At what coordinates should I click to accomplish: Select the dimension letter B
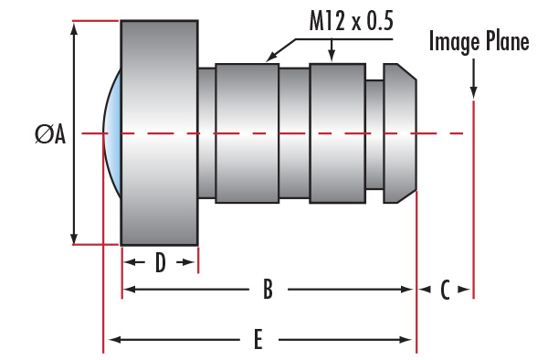[268, 290]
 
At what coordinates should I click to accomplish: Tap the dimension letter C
[445, 290]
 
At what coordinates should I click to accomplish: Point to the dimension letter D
[160, 263]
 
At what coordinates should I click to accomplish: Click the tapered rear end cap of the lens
[400, 132]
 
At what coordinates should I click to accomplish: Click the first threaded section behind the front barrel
[247, 132]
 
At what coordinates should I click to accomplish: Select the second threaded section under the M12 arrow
[337, 132]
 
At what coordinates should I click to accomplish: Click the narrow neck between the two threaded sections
[294, 132]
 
